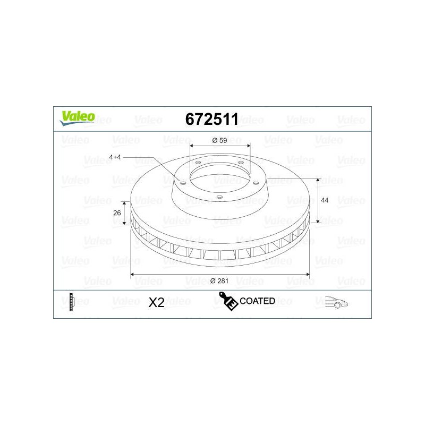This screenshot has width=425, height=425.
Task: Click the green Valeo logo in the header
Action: [78, 118]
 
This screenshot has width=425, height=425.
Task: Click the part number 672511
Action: [211, 119]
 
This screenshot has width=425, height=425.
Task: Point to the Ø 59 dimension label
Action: [219, 140]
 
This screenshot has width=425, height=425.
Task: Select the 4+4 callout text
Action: [115, 157]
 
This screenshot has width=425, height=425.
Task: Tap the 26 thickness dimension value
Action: [117, 213]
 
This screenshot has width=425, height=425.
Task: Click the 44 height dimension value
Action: [325, 200]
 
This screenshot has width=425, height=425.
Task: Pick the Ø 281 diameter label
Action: [219, 281]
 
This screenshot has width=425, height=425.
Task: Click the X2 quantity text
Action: [156, 302]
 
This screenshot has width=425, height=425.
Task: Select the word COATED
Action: [257, 301]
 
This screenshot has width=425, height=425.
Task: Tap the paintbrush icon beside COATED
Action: [228, 301]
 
